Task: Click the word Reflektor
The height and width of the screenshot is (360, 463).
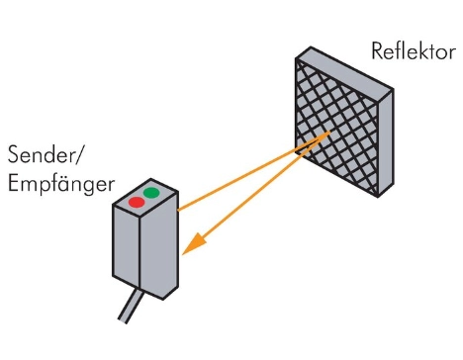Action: pos(413,50)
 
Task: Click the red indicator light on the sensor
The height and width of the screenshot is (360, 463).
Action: pos(137,203)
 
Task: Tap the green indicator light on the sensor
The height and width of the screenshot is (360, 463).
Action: pos(151,191)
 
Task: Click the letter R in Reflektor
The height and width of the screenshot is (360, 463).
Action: pos(377,50)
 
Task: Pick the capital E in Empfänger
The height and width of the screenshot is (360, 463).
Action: pos(13,185)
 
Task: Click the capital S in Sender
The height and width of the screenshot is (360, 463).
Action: pos(13,156)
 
